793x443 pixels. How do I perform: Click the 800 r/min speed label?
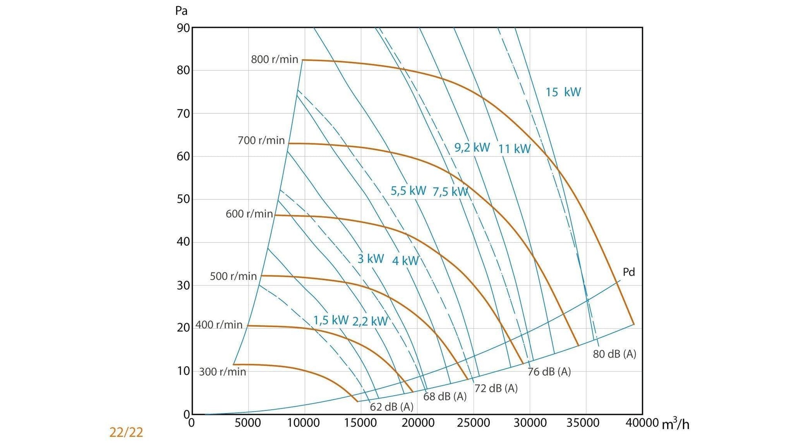pyautogui.click(x=274, y=60)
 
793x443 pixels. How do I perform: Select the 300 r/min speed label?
pyautogui.click(x=222, y=372)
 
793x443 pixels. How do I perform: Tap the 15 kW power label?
pyautogui.click(x=563, y=92)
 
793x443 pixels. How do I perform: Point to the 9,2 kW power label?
pyautogui.click(x=472, y=147)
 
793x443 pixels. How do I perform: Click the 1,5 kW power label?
pyautogui.click(x=330, y=320)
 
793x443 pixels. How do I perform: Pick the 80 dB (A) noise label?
pyautogui.click(x=614, y=354)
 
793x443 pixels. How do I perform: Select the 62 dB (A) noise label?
pyautogui.click(x=391, y=407)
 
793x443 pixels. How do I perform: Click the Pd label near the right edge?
pyautogui.click(x=629, y=272)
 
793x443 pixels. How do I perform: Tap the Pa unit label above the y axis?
pyautogui.click(x=181, y=11)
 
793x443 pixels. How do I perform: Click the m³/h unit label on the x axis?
pyautogui.click(x=675, y=424)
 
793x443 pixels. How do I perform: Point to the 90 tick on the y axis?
pyautogui.click(x=183, y=28)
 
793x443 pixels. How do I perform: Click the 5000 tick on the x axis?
pyautogui.click(x=248, y=423)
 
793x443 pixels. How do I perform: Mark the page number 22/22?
pyautogui.click(x=126, y=432)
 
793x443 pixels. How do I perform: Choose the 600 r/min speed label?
pyautogui.click(x=249, y=214)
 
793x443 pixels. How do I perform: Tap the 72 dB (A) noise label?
pyautogui.click(x=496, y=388)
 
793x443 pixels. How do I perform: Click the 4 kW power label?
pyautogui.click(x=405, y=261)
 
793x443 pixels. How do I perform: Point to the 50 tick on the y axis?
pyautogui.click(x=183, y=199)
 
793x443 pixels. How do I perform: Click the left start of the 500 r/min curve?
pyautogui.click(x=262, y=276)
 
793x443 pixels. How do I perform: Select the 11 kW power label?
pyautogui.click(x=514, y=149)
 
